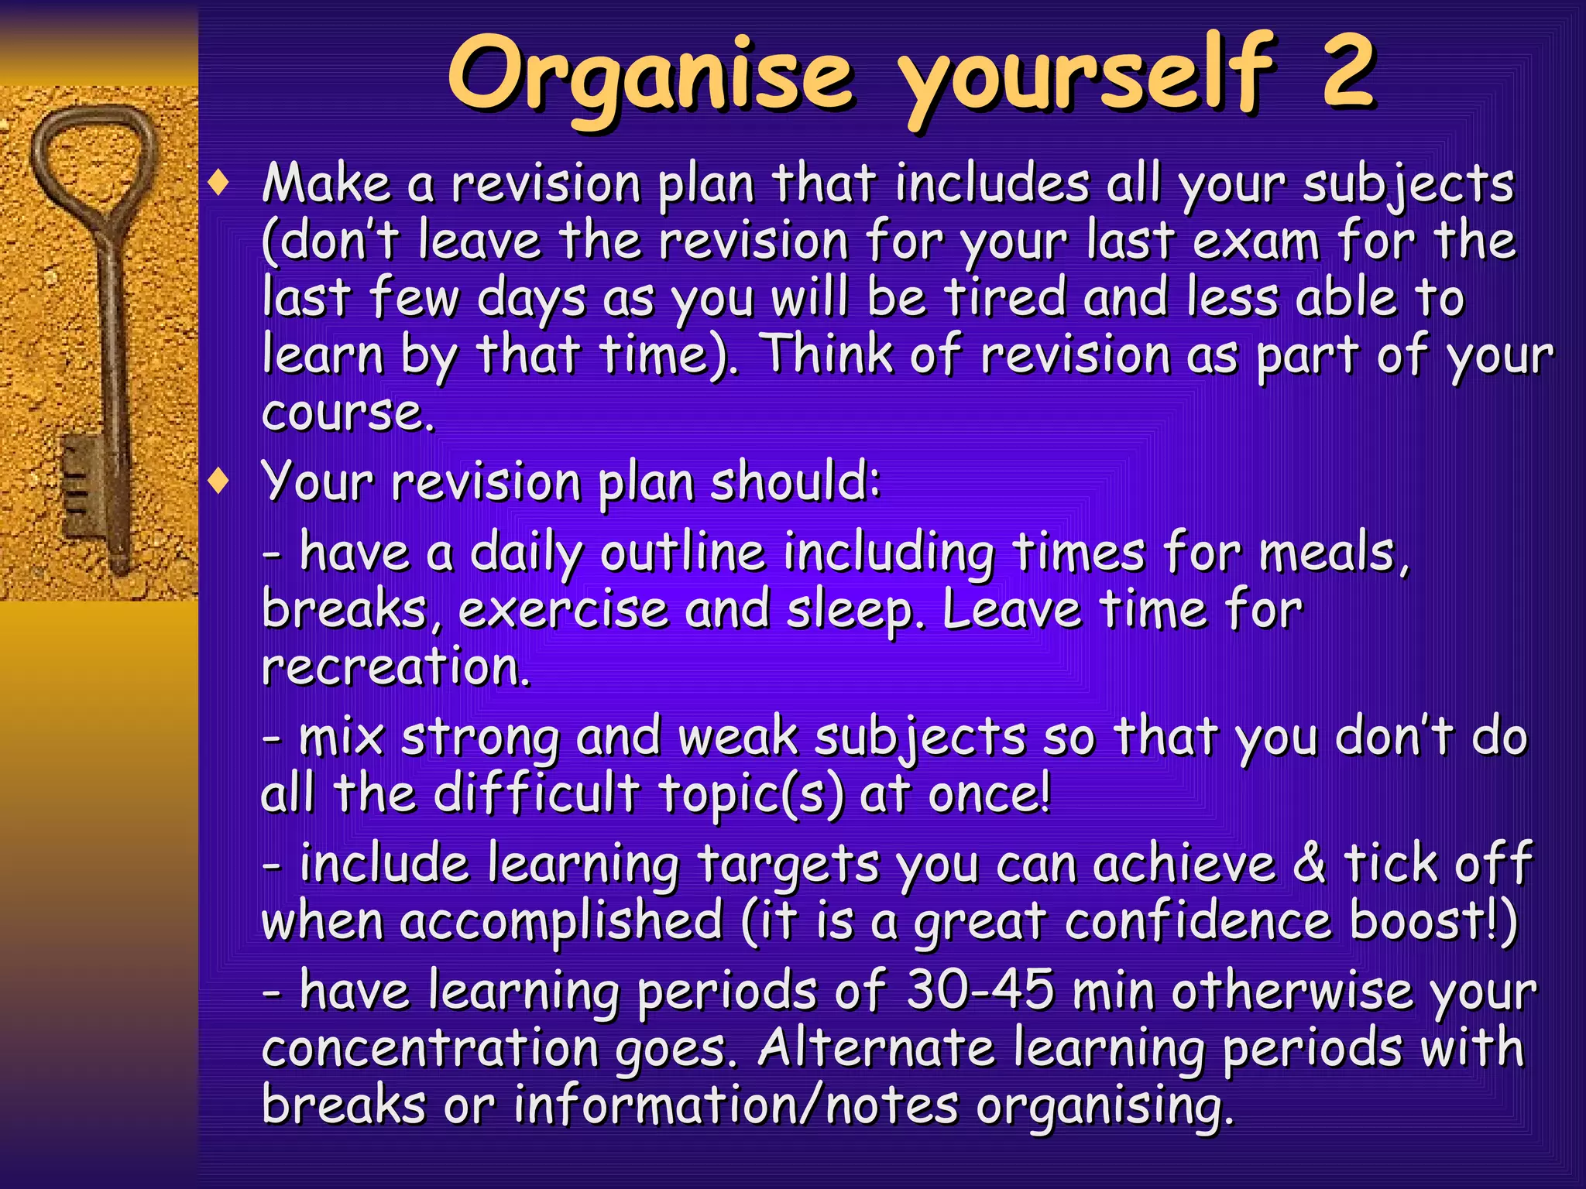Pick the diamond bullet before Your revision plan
220,481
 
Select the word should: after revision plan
795,481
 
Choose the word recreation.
396,667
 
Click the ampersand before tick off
1309,863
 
